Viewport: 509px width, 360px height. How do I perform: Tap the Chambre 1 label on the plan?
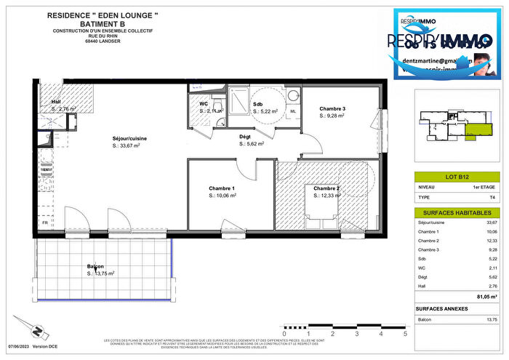(223, 188)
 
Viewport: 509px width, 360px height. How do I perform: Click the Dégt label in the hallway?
(246, 137)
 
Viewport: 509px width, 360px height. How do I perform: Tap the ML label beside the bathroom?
(293, 111)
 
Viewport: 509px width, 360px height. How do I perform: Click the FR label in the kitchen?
(46, 223)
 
